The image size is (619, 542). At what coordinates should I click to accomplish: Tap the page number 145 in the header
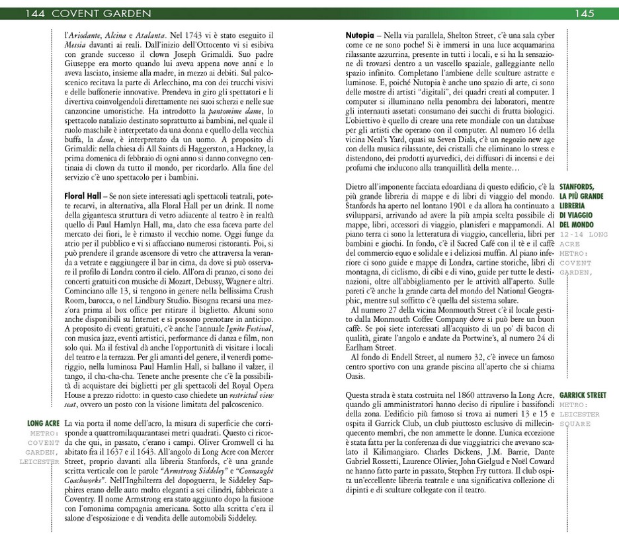[x=584, y=13]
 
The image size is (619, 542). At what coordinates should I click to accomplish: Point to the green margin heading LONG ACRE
[x=44, y=422]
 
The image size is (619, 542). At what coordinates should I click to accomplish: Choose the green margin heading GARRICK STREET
[x=582, y=395]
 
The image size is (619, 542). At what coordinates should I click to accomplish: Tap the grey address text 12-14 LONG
[x=583, y=234]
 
